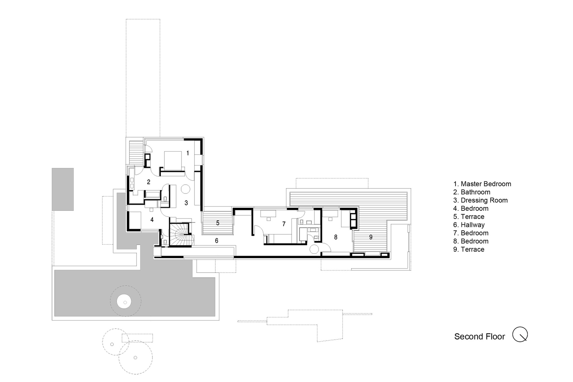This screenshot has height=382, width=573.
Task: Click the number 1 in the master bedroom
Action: [188, 153]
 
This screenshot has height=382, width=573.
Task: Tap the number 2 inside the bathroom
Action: [148, 182]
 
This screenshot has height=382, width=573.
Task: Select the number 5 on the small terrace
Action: [218, 223]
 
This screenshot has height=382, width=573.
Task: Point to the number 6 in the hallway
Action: [217, 241]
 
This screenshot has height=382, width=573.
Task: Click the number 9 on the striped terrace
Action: [371, 237]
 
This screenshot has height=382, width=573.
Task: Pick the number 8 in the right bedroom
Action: [335, 237]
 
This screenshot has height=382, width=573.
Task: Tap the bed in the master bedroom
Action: [173, 160]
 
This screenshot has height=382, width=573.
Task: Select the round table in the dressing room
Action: [185, 189]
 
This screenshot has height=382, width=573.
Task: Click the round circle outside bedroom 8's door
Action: [314, 249]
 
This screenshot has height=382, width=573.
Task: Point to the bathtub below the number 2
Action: [153, 195]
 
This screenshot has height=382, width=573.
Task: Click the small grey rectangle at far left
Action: [63, 189]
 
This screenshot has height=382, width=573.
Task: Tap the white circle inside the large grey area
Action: [124, 302]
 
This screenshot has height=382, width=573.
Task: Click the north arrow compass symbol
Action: [520, 334]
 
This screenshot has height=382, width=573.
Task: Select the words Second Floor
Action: [479, 337]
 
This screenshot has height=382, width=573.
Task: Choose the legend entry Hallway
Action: [472, 225]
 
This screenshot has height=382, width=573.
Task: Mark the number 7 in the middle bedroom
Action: [284, 224]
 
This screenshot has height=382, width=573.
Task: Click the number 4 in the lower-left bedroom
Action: [152, 220]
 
